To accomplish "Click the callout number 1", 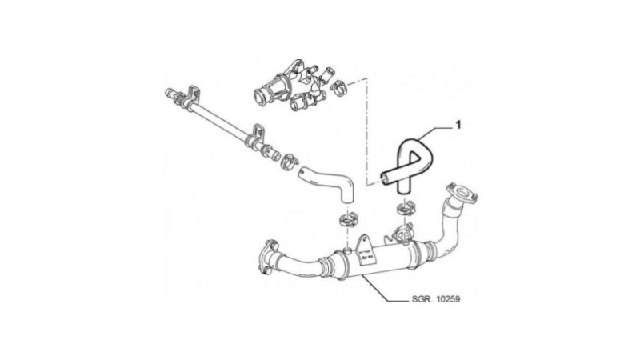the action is pos(458,125).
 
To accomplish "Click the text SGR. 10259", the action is pos(436,299).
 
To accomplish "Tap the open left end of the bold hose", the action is pos(383,176).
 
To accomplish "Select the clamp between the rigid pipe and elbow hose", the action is pos(289,161).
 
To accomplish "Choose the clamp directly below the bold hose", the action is pos(406,209).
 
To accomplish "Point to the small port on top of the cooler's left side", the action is pos(347,249).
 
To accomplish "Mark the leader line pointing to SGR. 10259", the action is pos(385,290).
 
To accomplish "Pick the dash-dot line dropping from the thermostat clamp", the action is pos(367,130).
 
